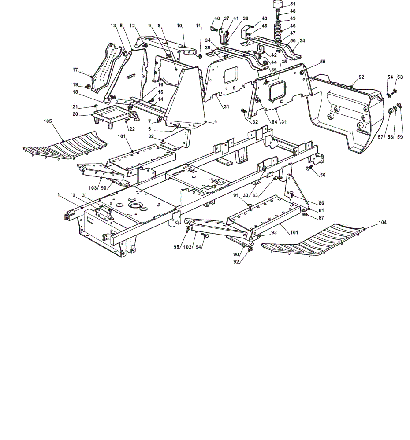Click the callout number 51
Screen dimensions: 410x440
pyautogui.click(x=293, y=4)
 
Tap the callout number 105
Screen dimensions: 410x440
pyautogui.click(x=48, y=121)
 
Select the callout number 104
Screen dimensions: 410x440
pyautogui.click(x=382, y=222)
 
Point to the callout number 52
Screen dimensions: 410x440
pyautogui.click(x=362, y=77)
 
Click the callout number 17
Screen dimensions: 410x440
pyautogui.click(x=75, y=70)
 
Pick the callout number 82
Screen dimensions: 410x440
pyautogui.click(x=151, y=136)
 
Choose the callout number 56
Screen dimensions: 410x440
pyautogui.click(x=323, y=175)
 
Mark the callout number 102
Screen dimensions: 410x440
pyautogui.click(x=187, y=247)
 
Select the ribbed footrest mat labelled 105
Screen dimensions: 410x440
pyautogui.click(x=65, y=145)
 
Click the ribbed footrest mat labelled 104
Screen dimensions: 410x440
pyautogui.click(x=313, y=240)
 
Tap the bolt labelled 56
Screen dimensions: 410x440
pyautogui.click(x=309, y=168)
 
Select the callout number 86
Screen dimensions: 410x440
pyautogui.click(x=321, y=203)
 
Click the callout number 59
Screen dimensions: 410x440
pyautogui.click(x=400, y=137)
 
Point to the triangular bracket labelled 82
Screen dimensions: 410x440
pyautogui.click(x=175, y=140)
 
